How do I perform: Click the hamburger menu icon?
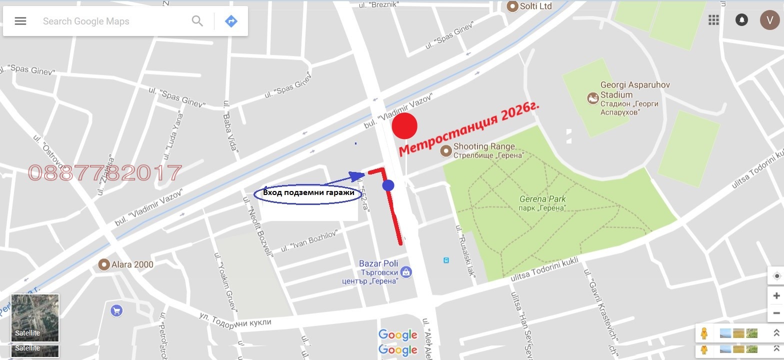click(x=20, y=21)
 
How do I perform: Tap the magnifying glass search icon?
click(x=197, y=21)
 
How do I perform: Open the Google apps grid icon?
click(x=713, y=19)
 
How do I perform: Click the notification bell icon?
click(x=741, y=19)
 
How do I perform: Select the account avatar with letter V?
click(x=769, y=19)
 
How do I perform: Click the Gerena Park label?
click(x=542, y=202)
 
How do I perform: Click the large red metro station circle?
click(x=404, y=125)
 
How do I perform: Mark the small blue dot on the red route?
click(x=388, y=185)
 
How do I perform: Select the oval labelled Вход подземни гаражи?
click(x=308, y=193)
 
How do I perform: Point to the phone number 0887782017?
click(x=105, y=173)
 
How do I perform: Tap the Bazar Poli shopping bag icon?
click(x=406, y=272)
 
